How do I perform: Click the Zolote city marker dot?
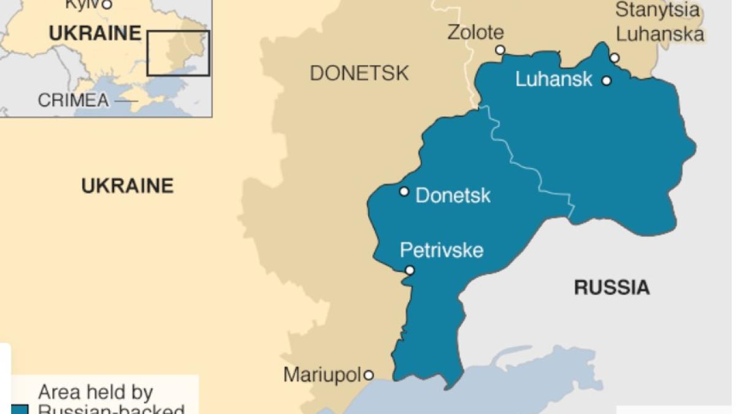click(x=500, y=50)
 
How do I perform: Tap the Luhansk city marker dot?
click(x=607, y=80)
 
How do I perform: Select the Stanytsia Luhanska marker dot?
click(x=615, y=58)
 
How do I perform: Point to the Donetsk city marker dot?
click(x=404, y=191)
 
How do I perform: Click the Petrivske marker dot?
click(x=410, y=270)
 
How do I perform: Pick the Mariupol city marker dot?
click(x=369, y=375)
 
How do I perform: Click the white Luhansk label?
click(x=554, y=79)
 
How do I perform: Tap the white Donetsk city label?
click(x=453, y=196)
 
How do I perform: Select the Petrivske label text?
click(x=442, y=250)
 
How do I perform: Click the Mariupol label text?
click(x=322, y=375)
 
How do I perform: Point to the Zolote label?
click(x=475, y=32)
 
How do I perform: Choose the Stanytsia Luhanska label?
click(x=659, y=22)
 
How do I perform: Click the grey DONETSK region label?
click(x=359, y=74)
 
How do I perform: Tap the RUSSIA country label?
click(x=611, y=287)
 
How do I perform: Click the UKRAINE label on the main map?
click(x=128, y=185)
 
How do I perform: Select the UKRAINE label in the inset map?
click(x=95, y=34)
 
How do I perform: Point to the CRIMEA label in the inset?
click(x=73, y=100)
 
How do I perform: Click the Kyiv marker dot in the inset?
click(x=107, y=5)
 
